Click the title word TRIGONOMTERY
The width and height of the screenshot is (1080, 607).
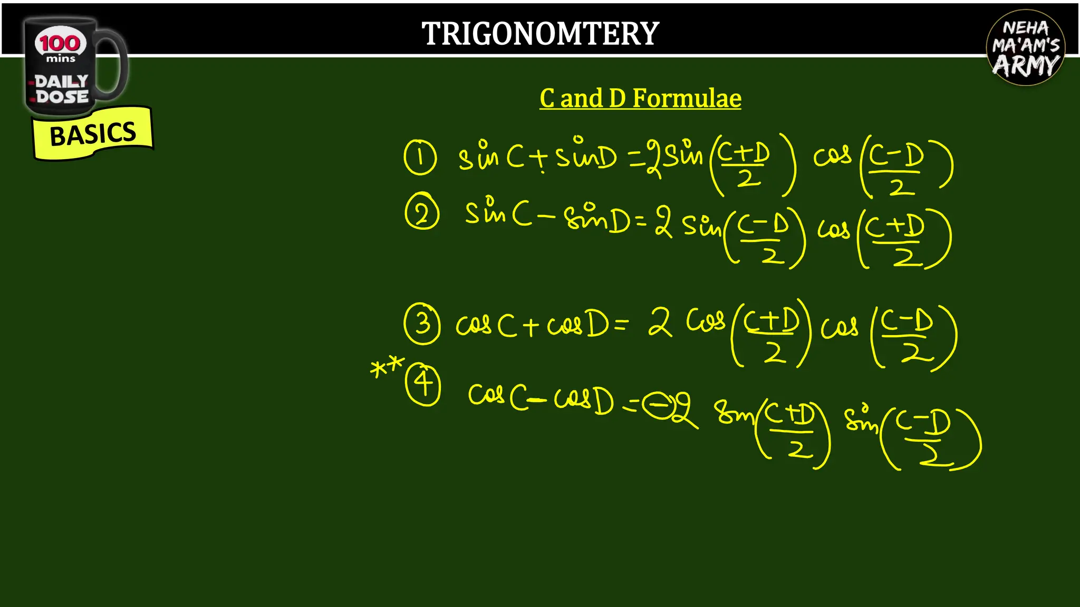tap(540, 34)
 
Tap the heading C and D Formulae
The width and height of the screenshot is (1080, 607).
tap(640, 99)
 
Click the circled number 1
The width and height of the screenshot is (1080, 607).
tap(420, 157)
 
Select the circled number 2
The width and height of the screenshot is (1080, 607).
tap(422, 213)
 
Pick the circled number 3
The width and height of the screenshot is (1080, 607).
tap(422, 323)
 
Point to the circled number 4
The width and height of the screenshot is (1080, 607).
tap(423, 384)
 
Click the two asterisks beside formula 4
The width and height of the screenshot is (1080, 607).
tap(387, 367)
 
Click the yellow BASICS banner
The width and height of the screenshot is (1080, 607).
tap(93, 133)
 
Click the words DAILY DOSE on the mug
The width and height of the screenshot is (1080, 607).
tap(62, 89)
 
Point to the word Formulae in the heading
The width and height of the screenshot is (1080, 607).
tap(687, 99)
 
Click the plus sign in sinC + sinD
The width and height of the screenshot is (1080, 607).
tap(539, 158)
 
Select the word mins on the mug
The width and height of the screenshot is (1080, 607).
tap(61, 59)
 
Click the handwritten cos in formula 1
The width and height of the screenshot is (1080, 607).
tap(832, 155)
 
